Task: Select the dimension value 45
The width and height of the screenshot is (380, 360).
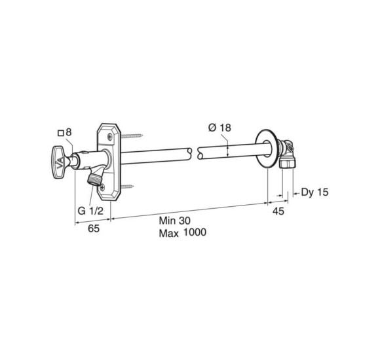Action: pos(279,211)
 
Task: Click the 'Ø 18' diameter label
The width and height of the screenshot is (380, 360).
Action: pos(218,128)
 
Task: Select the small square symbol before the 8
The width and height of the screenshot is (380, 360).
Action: pos(61,133)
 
